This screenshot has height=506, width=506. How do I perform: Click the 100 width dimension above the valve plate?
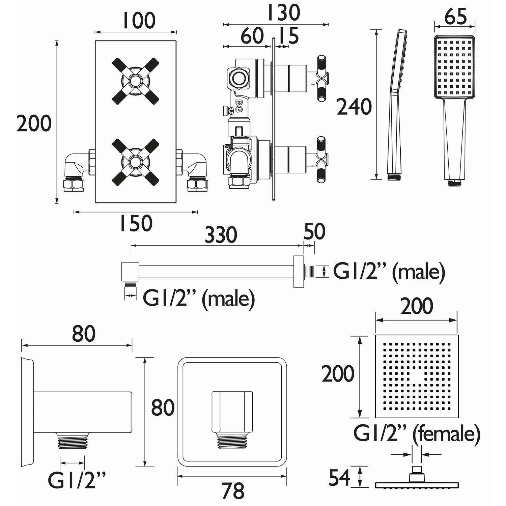pyautogui.click(x=139, y=21)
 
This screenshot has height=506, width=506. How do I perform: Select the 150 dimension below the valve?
pyautogui.click(x=136, y=223)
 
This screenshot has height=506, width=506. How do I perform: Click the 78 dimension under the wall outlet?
pyautogui.click(x=233, y=490)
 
